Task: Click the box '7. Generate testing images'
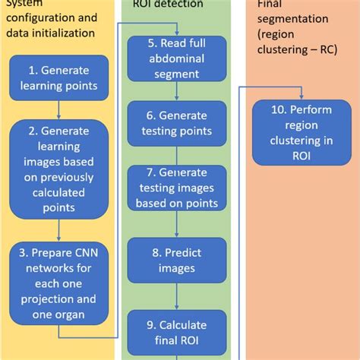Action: tap(176, 187)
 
